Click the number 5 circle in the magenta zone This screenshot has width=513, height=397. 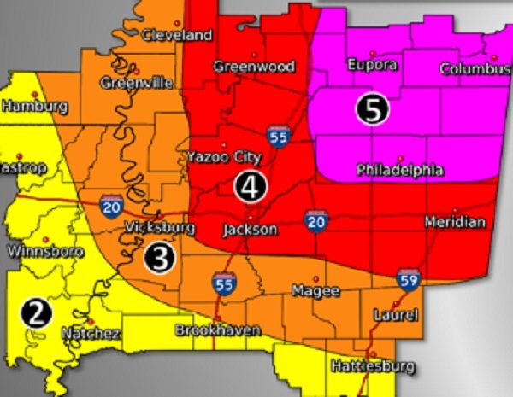click(372, 109)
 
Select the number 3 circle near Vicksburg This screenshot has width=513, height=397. click(160, 256)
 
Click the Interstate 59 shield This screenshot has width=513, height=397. click(407, 279)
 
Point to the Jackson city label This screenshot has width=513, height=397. click(249, 231)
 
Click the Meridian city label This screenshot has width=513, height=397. click(455, 222)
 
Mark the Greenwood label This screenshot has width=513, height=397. click(254, 67)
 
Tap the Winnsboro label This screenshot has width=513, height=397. click(39, 252)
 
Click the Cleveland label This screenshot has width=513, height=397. click(177, 35)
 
